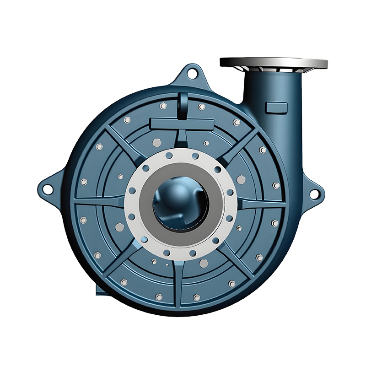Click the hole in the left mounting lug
45,187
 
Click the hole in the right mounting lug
314,194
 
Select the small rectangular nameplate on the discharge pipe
276,108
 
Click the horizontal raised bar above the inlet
181,123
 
